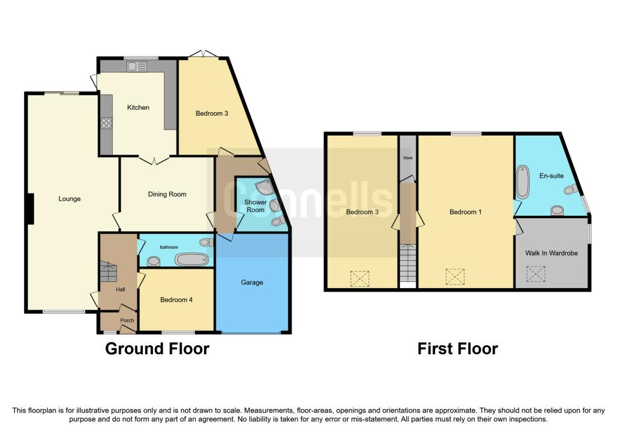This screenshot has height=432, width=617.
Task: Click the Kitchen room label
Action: point(138,107)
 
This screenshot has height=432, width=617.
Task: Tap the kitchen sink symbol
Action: point(137,66)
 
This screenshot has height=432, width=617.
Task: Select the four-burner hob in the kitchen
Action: point(106,124)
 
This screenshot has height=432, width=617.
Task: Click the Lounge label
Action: point(70,199)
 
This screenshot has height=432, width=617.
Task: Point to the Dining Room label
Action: point(168,194)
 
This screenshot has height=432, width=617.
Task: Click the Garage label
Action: point(252,282)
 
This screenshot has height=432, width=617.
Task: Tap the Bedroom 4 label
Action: point(177,300)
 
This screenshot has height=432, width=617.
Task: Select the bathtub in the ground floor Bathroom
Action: point(192,260)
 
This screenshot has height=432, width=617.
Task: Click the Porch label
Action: point(127,321)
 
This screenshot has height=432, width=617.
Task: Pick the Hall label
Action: point(121,289)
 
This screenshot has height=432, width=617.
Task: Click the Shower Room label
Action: point(255,206)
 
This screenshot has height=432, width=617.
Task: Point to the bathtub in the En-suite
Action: point(523,182)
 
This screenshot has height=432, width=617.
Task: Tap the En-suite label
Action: point(551,176)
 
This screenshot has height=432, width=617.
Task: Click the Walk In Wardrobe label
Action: point(551,253)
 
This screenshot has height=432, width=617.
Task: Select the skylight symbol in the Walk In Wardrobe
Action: point(536,274)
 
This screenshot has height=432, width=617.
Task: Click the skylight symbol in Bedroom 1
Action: point(455,277)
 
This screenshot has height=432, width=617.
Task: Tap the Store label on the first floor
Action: point(408,158)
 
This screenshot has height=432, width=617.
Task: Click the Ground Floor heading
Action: point(157,349)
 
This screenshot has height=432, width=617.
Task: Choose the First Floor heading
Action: point(458,349)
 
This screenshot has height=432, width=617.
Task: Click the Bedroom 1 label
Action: point(466,212)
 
